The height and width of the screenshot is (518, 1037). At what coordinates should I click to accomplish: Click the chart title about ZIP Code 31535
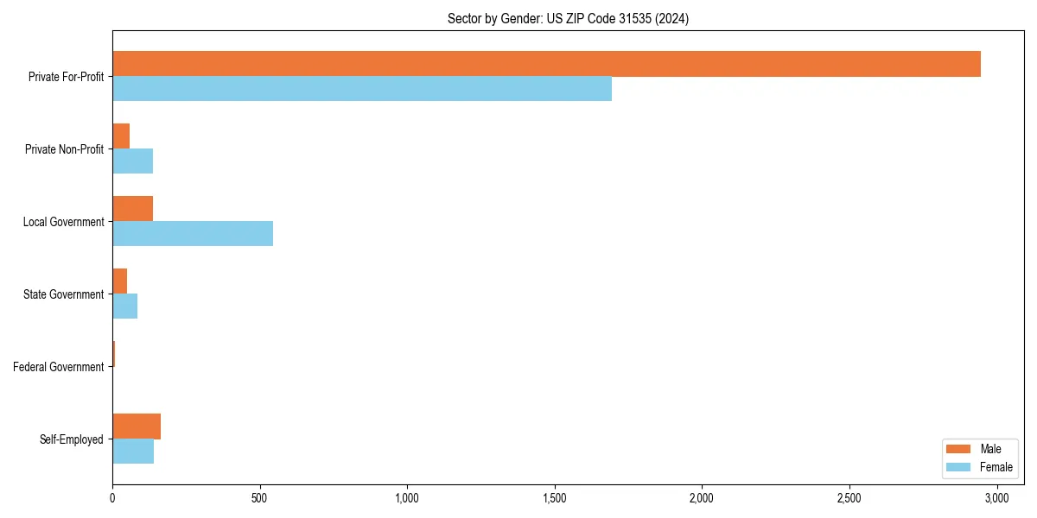coord(568,18)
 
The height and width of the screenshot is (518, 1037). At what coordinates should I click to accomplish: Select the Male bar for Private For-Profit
coord(546,64)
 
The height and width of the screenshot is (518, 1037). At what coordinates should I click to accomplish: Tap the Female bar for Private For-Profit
coord(362,89)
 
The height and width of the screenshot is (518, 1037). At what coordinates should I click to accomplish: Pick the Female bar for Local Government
coord(193,234)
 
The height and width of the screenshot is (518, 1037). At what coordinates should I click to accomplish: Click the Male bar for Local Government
coord(132,209)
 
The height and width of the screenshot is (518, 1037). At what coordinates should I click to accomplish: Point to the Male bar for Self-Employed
coord(137,426)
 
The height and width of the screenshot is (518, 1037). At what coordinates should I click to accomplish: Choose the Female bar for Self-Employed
coord(133,452)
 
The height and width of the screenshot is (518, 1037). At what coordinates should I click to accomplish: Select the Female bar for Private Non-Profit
coord(132,161)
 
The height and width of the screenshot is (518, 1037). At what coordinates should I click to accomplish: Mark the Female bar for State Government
coord(124,306)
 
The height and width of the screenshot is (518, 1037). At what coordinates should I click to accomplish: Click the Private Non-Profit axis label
coord(64,149)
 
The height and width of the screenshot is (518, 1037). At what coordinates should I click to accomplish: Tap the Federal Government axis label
coord(59,367)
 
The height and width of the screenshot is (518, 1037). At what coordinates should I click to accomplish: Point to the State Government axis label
coord(63,294)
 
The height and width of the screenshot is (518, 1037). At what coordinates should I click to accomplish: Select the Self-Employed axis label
coord(72,439)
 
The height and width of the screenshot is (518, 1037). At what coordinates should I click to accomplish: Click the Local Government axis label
coord(63,222)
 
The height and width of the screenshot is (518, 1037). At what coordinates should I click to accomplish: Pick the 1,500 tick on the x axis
coord(555,498)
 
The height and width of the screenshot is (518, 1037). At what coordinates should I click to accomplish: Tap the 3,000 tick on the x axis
coord(997,498)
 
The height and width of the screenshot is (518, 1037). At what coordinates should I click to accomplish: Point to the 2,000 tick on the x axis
coord(702,498)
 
